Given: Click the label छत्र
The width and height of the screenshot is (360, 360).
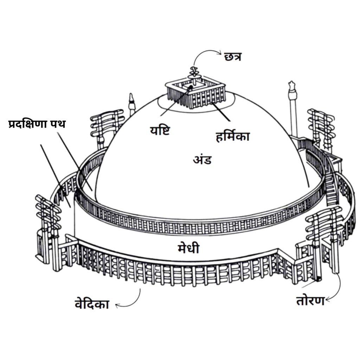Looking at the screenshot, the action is [233, 57].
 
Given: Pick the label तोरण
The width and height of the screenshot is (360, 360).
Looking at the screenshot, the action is [310, 301].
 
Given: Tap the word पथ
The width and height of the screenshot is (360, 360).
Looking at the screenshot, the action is [58, 124].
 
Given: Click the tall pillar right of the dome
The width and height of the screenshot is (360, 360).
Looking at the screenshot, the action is [293, 108].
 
